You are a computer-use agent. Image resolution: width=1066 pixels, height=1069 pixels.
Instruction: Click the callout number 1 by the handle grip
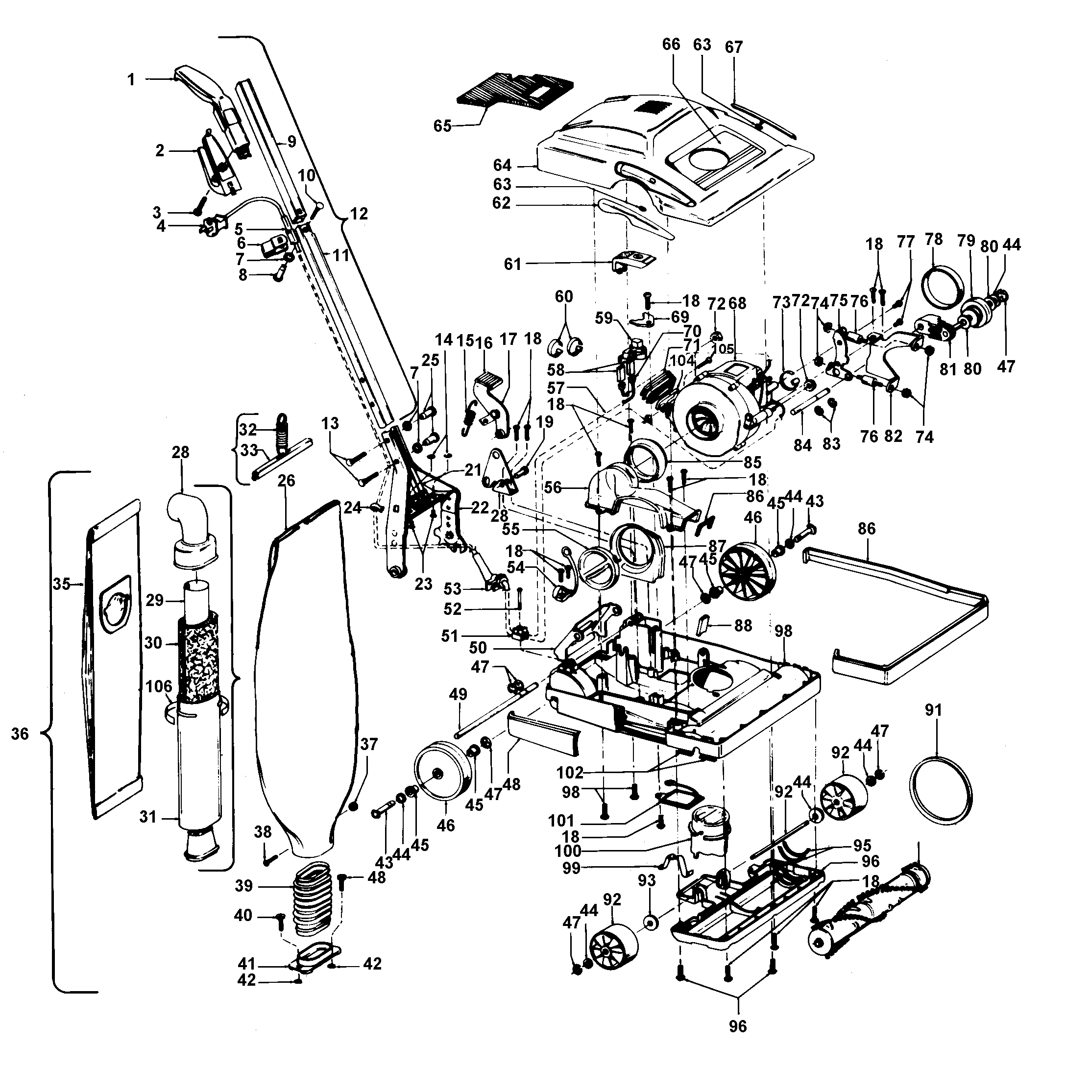tap(131, 80)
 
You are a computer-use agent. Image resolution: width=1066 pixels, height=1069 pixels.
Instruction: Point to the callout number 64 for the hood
tap(502, 166)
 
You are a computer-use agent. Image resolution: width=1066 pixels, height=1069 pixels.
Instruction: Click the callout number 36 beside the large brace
tap(20, 734)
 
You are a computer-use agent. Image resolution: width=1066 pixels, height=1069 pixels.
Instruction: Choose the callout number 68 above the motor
tap(737, 303)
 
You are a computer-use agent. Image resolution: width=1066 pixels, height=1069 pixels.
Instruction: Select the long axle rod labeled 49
tap(495, 711)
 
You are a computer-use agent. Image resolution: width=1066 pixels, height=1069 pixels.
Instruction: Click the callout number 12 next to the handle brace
tap(359, 214)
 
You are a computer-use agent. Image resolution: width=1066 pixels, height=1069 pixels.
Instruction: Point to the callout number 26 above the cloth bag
tap(286, 480)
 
